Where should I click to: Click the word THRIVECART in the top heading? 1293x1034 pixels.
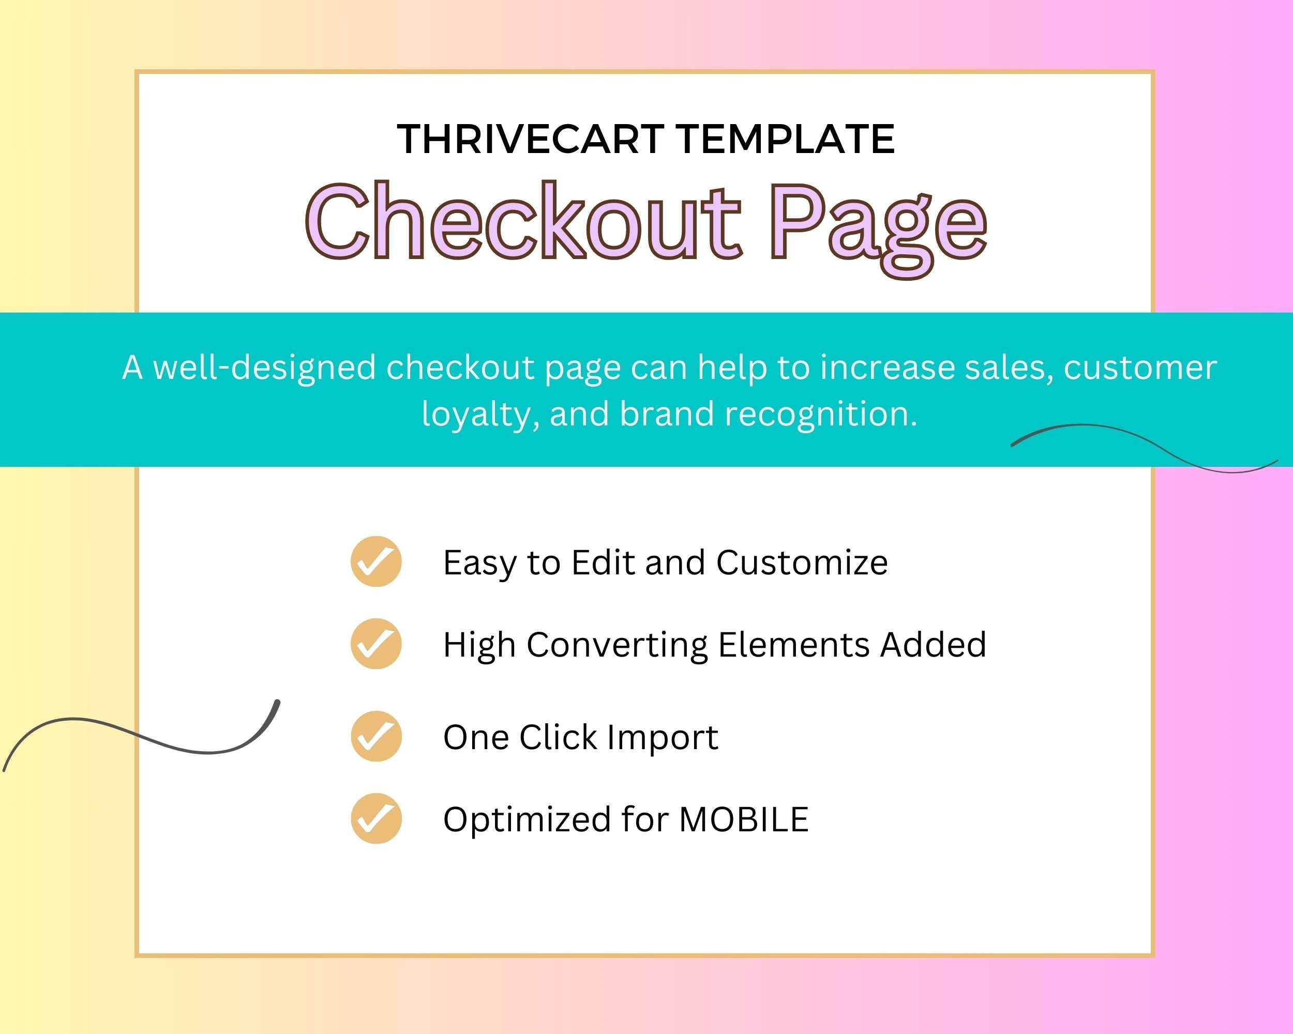(530, 139)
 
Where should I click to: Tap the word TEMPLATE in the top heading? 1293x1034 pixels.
(786, 139)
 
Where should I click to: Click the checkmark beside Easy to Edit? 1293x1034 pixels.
(376, 561)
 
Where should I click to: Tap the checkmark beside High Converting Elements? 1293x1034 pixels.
(376, 644)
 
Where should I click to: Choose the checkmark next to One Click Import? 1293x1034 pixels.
(376, 736)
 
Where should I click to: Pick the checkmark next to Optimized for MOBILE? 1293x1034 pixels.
(376, 818)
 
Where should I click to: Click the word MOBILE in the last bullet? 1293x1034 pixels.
(744, 819)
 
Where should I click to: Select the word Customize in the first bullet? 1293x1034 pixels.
(802, 563)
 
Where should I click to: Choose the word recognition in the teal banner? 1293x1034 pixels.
(821, 415)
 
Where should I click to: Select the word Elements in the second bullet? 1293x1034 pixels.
(794, 645)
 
